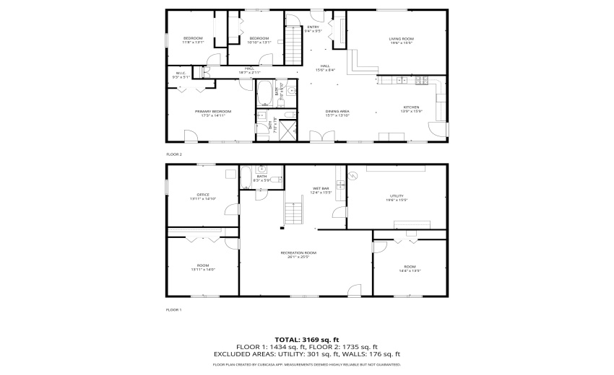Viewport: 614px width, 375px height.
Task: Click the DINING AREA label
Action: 337,112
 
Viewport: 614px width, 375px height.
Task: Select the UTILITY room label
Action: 397,198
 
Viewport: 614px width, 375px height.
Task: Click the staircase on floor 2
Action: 292,45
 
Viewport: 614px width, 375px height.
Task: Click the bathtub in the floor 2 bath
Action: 264,92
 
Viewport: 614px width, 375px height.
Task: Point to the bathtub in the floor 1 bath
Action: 246,176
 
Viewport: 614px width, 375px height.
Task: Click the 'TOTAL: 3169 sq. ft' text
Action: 306,340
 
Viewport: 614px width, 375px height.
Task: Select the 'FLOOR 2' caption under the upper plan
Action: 174,154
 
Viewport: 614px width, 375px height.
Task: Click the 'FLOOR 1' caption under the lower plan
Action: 174,309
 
